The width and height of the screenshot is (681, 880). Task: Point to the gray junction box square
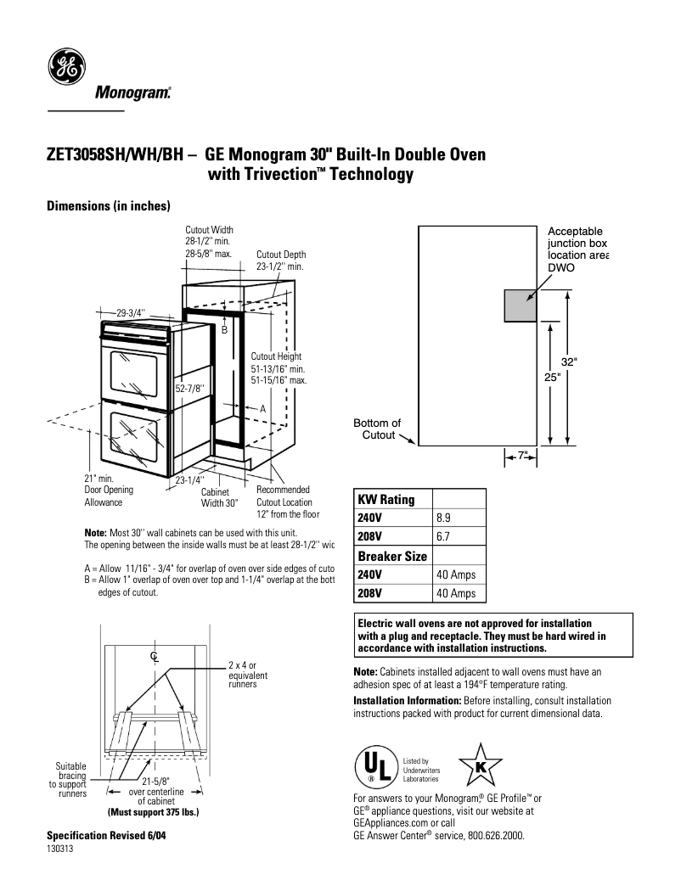point(520,305)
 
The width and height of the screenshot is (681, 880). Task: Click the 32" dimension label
point(569,362)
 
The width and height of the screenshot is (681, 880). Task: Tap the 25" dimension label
point(552,378)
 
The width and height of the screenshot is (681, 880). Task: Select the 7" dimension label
point(522,456)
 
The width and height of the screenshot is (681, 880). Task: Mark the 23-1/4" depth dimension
point(189,481)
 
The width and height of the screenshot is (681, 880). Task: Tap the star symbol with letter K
point(480,765)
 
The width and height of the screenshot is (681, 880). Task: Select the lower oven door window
point(133,440)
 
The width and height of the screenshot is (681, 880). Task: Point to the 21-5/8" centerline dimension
point(155,782)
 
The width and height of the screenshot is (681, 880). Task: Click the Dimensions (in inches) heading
point(109,206)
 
